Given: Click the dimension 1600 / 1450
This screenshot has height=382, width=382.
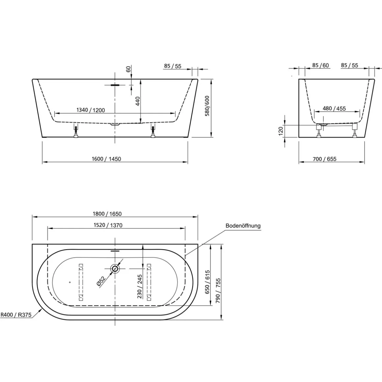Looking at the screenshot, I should [107, 159].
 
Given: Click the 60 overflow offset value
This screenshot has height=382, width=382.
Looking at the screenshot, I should [128, 69].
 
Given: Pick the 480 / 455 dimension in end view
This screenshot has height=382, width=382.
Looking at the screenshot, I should [334, 109].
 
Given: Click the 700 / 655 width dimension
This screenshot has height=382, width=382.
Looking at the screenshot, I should [324, 159].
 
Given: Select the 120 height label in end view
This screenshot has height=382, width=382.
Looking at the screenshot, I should [281, 131].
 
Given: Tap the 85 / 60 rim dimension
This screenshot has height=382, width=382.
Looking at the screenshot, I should [320, 66].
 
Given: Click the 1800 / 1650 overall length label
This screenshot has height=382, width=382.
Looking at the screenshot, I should [107, 214].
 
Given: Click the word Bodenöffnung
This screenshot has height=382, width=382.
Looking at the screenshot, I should [243, 226].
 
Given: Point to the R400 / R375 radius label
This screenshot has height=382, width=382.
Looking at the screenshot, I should [16, 315].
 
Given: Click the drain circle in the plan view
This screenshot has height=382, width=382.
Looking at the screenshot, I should [115, 269].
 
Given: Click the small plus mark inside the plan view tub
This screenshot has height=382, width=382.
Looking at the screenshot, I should [70, 282].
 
